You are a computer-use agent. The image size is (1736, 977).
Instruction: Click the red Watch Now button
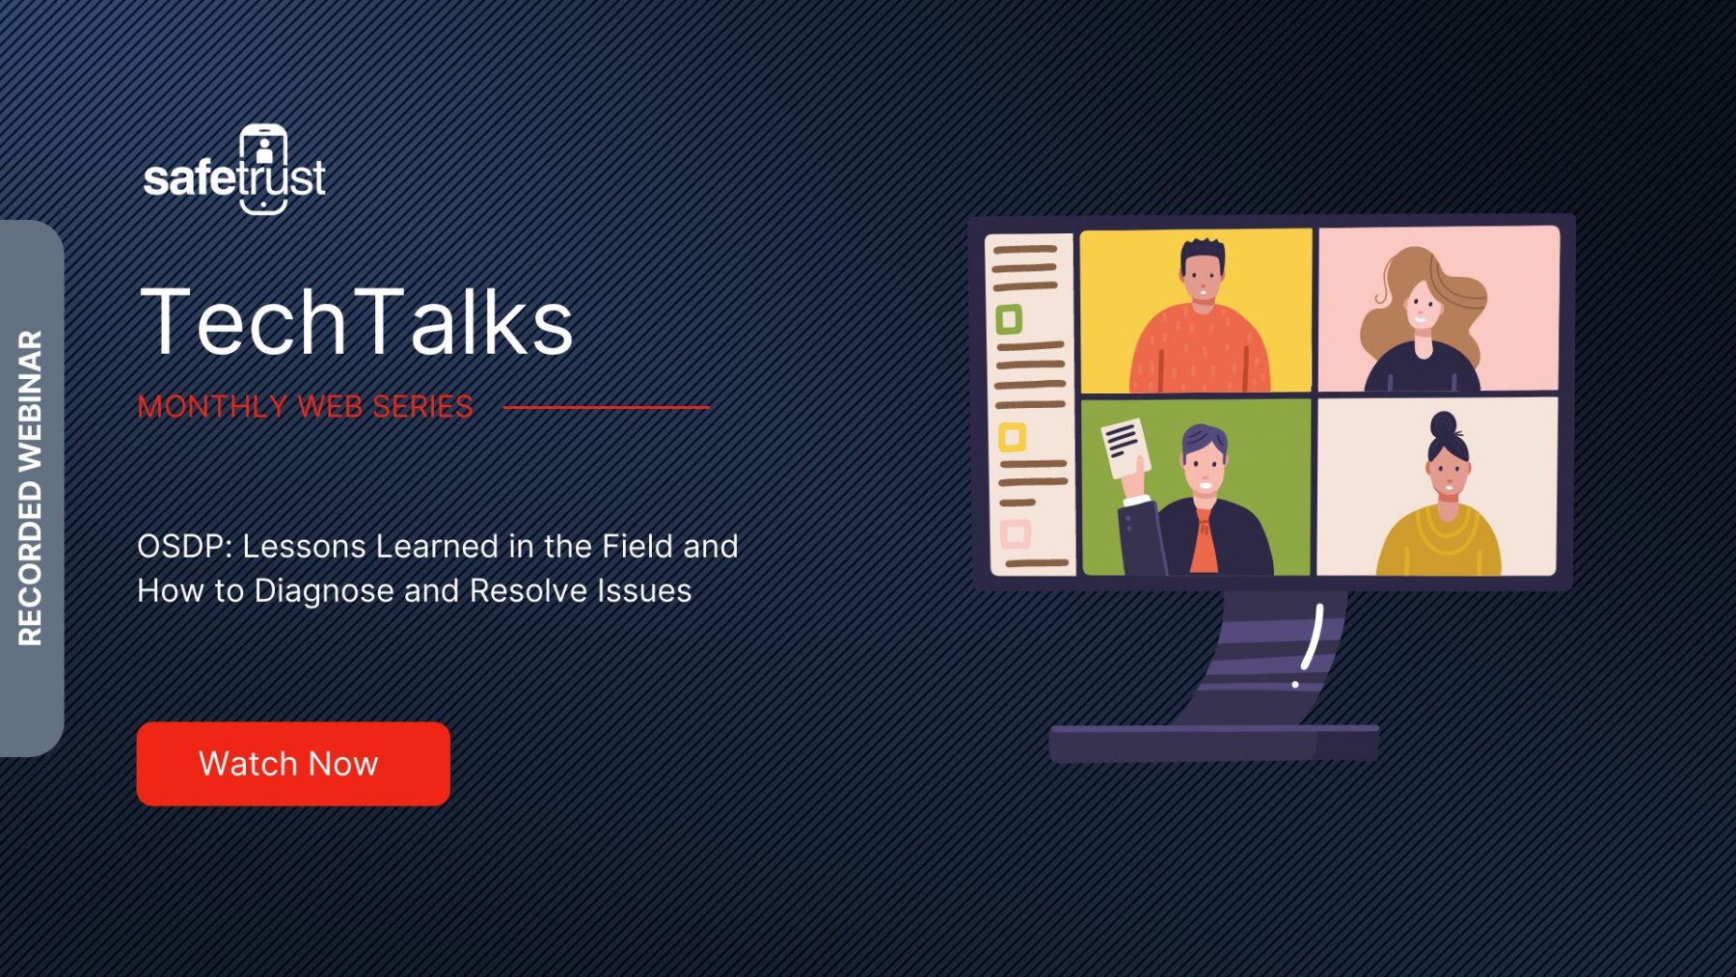293,763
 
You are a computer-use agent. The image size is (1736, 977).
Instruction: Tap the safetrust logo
234,170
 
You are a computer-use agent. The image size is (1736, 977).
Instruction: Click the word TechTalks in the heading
356,321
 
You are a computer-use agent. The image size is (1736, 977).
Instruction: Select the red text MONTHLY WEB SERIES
305,406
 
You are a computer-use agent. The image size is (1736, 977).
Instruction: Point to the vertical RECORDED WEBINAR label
31,488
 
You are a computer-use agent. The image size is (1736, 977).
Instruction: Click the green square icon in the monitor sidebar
1009,318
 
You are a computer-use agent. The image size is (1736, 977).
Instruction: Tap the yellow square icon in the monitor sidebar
1012,437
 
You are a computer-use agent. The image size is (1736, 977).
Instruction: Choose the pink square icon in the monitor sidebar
1016,533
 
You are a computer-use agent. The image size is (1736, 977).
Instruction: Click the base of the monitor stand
1213,744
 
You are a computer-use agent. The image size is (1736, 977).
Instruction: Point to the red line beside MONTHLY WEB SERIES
606,407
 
